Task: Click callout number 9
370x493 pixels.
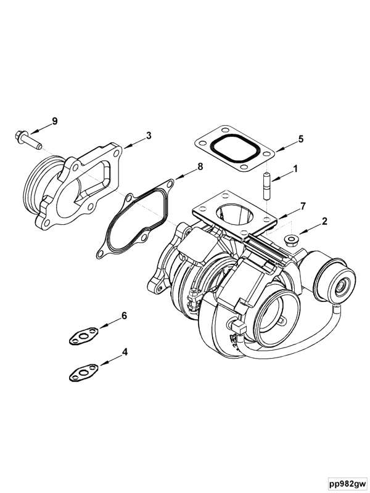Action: (54, 121)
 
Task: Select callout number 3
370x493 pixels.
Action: (148, 135)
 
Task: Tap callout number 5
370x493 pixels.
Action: (301, 139)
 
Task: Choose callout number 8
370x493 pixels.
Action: (200, 166)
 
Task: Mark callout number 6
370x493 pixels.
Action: (124, 316)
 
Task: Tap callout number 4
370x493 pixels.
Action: (125, 352)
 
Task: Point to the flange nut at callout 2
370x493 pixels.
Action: (290, 238)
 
